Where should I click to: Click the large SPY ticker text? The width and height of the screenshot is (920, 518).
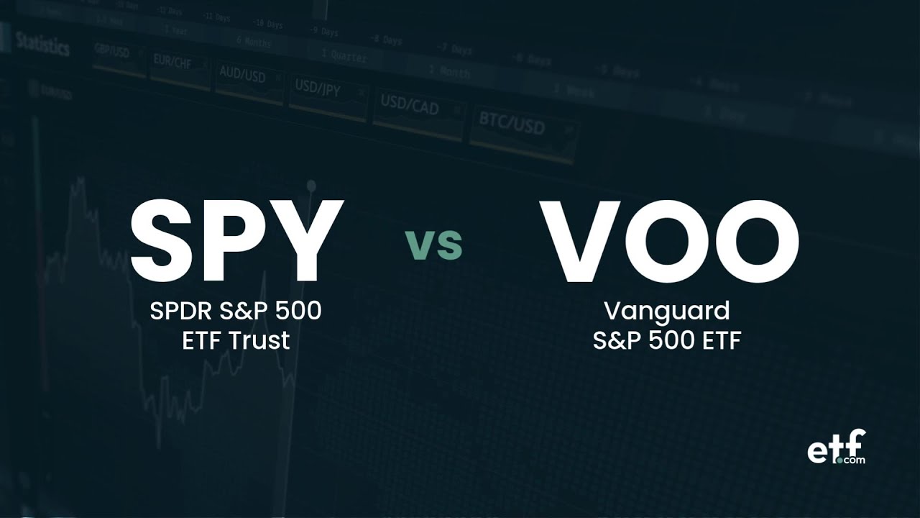click(x=236, y=240)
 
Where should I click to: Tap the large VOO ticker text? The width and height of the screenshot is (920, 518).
click(x=670, y=240)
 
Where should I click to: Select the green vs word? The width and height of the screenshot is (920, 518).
click(x=433, y=245)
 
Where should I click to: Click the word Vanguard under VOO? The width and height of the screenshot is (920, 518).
click(x=666, y=312)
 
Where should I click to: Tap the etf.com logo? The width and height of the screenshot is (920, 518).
click(x=836, y=447)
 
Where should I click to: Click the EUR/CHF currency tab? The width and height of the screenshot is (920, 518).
click(x=172, y=61)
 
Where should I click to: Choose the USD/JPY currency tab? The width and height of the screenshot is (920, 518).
click(x=318, y=89)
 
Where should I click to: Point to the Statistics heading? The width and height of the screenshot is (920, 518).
click(x=43, y=45)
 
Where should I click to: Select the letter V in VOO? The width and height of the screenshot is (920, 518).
click(x=579, y=240)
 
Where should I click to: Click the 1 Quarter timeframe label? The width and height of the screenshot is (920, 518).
click(x=344, y=55)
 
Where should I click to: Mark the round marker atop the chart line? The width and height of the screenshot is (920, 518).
click(x=311, y=186)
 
